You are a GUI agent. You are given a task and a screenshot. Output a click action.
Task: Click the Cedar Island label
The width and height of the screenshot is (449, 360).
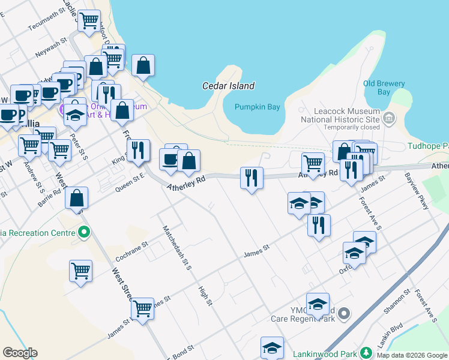[x=228, y=86]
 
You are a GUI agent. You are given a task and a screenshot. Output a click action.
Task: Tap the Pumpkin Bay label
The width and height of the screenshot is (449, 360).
[x=258, y=107]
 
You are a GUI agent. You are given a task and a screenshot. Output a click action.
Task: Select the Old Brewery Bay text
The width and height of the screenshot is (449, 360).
[x=384, y=88]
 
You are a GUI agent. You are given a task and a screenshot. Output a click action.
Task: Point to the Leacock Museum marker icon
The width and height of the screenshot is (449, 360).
[x=391, y=118]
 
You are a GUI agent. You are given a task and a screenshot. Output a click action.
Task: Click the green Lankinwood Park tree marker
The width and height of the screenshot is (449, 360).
[x=364, y=353]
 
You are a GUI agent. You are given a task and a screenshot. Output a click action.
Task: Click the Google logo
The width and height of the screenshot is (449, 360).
[x=20, y=353]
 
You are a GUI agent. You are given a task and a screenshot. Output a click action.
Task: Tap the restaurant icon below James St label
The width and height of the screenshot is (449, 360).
[x=319, y=225]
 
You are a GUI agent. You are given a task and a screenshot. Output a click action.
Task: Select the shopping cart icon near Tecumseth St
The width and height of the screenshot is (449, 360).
[x=89, y=20]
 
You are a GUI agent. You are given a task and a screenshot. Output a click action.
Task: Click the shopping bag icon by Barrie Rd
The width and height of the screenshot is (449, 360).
[x=77, y=197]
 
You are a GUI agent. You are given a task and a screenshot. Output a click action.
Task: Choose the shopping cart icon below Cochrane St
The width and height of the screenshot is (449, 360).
[x=80, y=271]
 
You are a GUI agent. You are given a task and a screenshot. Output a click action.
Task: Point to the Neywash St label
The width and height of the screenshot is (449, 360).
[x=50, y=48]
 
